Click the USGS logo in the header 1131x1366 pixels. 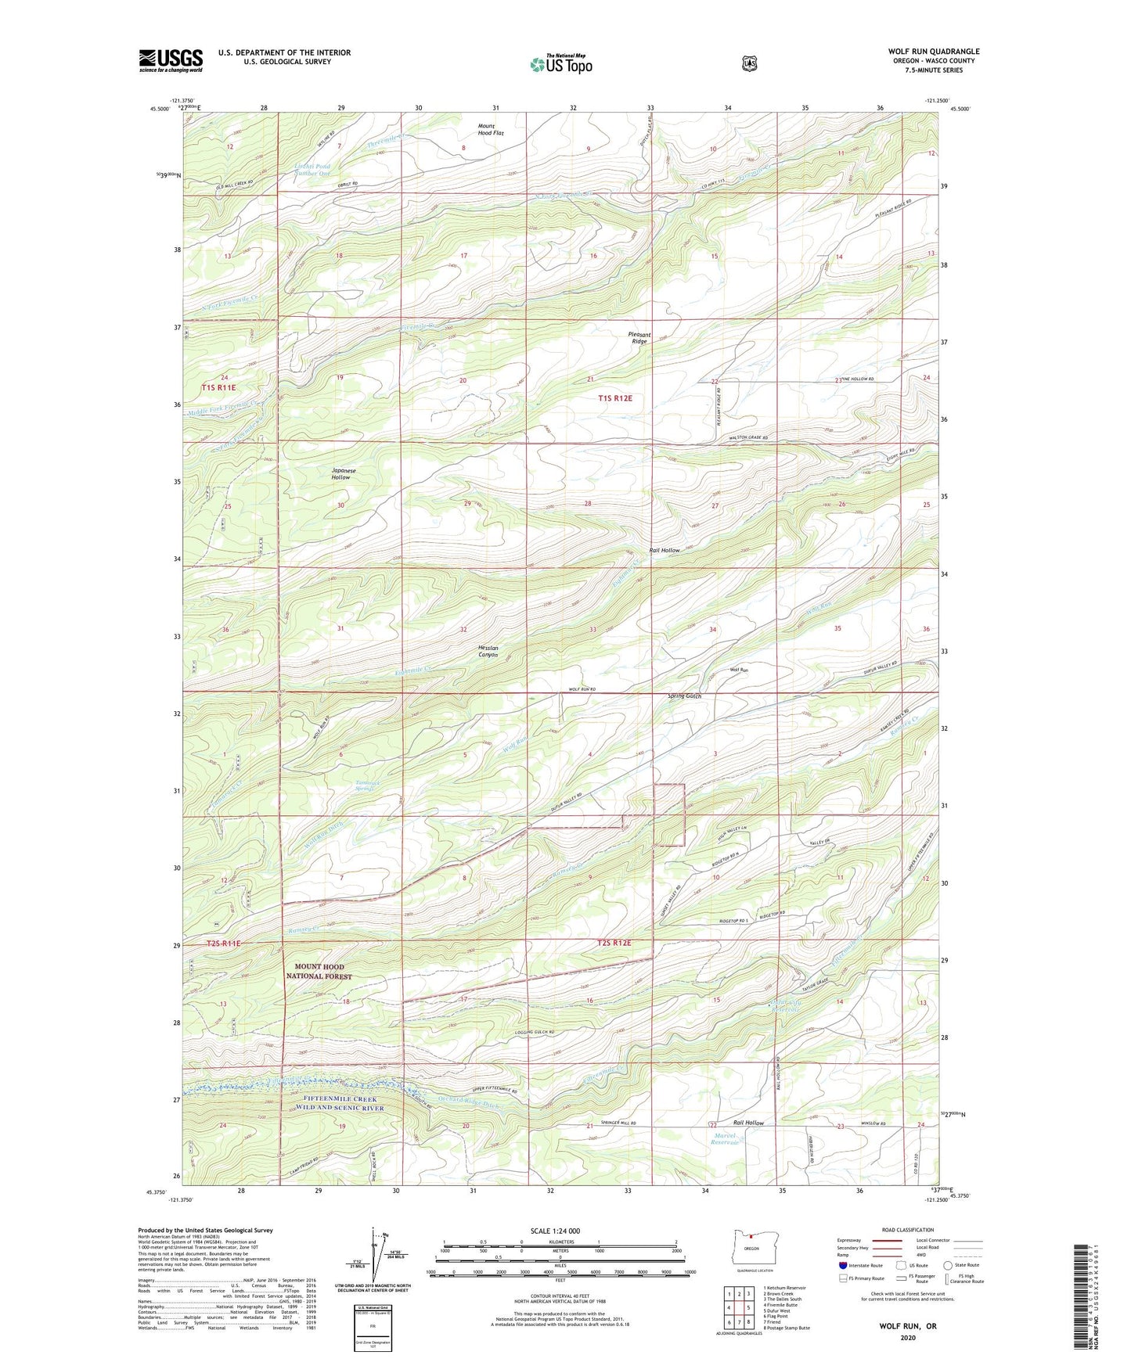click(x=171, y=60)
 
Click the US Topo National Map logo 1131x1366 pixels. click(x=561, y=64)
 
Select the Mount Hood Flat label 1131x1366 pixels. click(x=491, y=129)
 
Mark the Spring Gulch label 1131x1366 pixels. click(x=684, y=696)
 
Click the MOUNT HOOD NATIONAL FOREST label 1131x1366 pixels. click(x=319, y=971)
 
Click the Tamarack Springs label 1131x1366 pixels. click(x=366, y=785)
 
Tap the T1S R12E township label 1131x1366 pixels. click(x=614, y=398)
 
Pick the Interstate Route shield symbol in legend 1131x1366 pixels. click(x=842, y=1265)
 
